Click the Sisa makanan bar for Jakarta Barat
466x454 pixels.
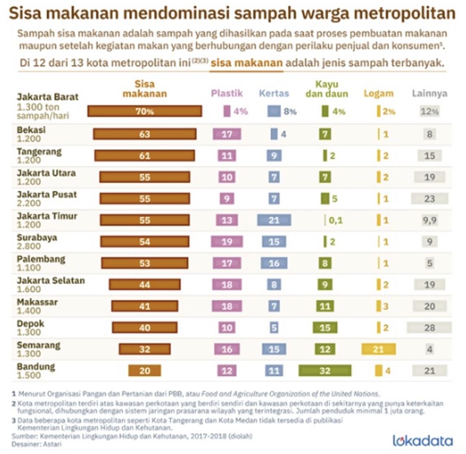pyautogui.click(x=145, y=111)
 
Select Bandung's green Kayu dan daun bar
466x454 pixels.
pyautogui.click(x=325, y=371)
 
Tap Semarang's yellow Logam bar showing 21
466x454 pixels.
pyautogui.click(x=378, y=349)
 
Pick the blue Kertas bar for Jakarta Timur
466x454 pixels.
pyautogui.click(x=274, y=220)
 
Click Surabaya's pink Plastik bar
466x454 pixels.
pyautogui.click(x=227, y=242)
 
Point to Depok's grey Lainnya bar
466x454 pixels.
pyautogui.click(x=429, y=328)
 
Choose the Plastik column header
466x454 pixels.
pyautogui.click(x=227, y=93)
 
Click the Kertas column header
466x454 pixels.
pyautogui.click(x=274, y=93)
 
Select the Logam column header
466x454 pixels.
pyautogui.click(x=378, y=93)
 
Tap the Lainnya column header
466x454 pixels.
pyautogui.click(x=429, y=93)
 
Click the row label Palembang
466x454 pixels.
pyautogui.click(x=41, y=259)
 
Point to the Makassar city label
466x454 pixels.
pyautogui.click(x=37, y=302)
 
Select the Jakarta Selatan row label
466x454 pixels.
pyautogui.click(x=51, y=281)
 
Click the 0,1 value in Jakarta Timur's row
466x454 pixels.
pyautogui.click(x=336, y=220)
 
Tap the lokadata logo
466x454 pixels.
pyautogui.click(x=422, y=441)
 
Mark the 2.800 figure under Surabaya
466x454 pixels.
pyautogui.click(x=29, y=246)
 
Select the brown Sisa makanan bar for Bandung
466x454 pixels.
pyautogui.click(x=145, y=371)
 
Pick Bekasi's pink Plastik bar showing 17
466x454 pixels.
pyautogui.click(x=227, y=134)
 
